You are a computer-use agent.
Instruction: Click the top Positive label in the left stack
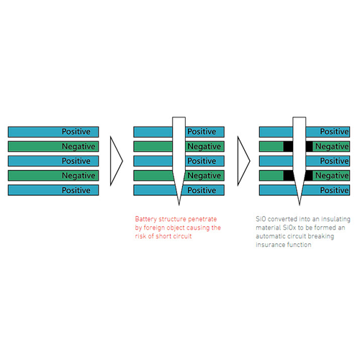tap(76, 132)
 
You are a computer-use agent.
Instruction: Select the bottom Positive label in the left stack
tap(76, 190)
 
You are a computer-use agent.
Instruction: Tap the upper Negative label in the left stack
tap(78, 147)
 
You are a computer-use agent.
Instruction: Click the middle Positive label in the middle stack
tap(202, 161)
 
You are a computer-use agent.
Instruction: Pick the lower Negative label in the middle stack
tap(204, 176)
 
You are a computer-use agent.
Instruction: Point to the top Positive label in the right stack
tap(334, 132)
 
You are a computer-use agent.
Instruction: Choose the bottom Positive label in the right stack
tap(334, 190)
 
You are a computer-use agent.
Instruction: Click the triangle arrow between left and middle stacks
tap(117, 161)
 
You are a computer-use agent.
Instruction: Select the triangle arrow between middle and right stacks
tap(244, 161)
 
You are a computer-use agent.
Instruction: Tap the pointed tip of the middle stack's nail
tap(179, 205)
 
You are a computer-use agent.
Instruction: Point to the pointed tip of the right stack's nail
tap(300, 205)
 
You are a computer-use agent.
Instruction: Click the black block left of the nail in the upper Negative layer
tap(288, 146)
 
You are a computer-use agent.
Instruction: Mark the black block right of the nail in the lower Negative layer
tap(309, 176)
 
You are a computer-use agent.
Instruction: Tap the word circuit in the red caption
tap(182, 236)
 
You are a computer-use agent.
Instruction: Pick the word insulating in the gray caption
tap(336, 220)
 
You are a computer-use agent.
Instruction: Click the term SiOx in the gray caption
tap(289, 228)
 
